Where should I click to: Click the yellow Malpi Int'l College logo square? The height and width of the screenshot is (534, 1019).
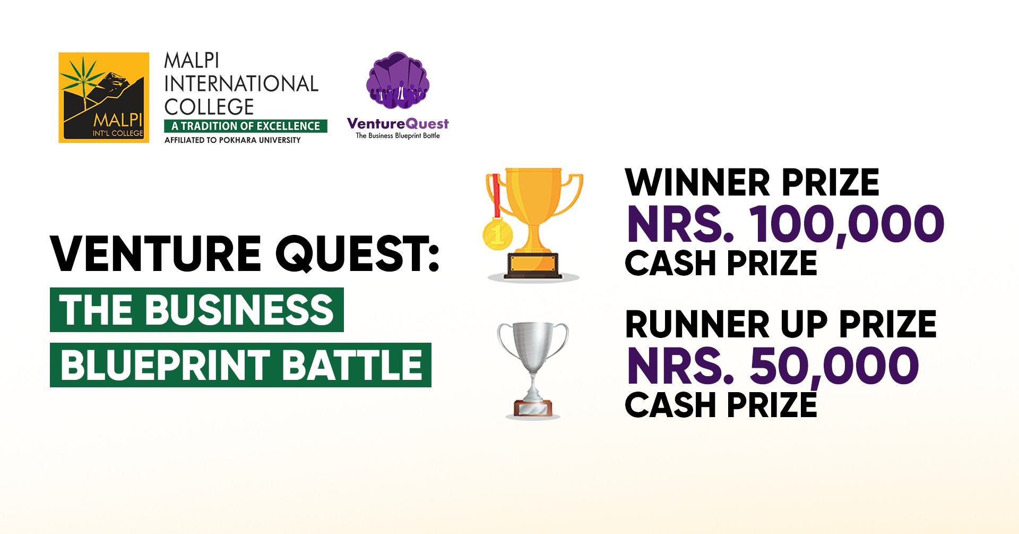coord(103,97)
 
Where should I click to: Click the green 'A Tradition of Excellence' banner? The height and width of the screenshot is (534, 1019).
coord(246,126)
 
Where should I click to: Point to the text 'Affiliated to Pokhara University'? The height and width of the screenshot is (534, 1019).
coord(232,140)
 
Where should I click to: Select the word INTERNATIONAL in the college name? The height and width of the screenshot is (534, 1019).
coord(241,84)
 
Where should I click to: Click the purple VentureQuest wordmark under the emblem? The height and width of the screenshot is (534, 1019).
coord(398,124)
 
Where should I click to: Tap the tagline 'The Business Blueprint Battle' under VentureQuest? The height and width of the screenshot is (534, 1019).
coord(398,135)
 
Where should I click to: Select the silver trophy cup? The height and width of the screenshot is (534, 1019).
coord(533,370)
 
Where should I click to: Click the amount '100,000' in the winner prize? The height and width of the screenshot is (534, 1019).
coord(847,225)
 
